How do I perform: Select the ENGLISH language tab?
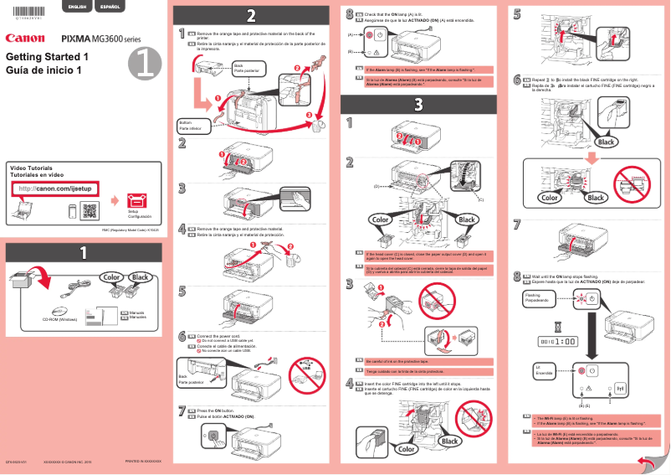click(77, 7)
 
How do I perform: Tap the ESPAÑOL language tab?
click(109, 7)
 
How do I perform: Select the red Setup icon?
click(134, 201)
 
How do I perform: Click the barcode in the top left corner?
click(28, 8)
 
